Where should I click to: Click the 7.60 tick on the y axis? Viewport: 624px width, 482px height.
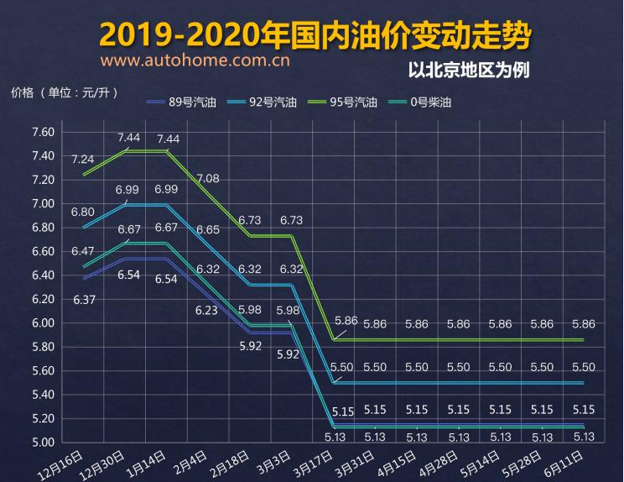(x=43, y=133)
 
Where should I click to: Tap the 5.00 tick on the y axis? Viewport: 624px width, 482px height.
(x=43, y=443)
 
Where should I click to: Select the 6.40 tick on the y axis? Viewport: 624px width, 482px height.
(x=43, y=275)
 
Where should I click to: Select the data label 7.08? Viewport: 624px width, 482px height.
(x=208, y=178)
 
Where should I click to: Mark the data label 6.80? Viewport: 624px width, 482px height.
(x=82, y=212)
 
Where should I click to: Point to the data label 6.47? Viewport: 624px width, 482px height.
(x=82, y=251)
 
